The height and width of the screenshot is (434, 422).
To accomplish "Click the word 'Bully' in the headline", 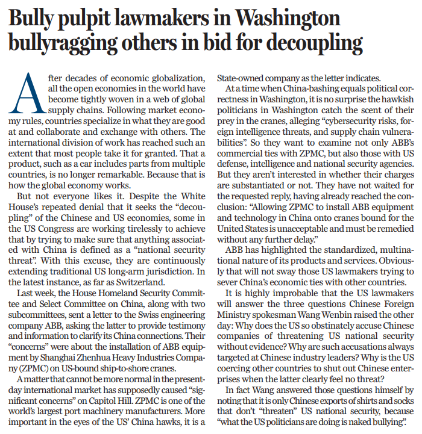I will (36, 20).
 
